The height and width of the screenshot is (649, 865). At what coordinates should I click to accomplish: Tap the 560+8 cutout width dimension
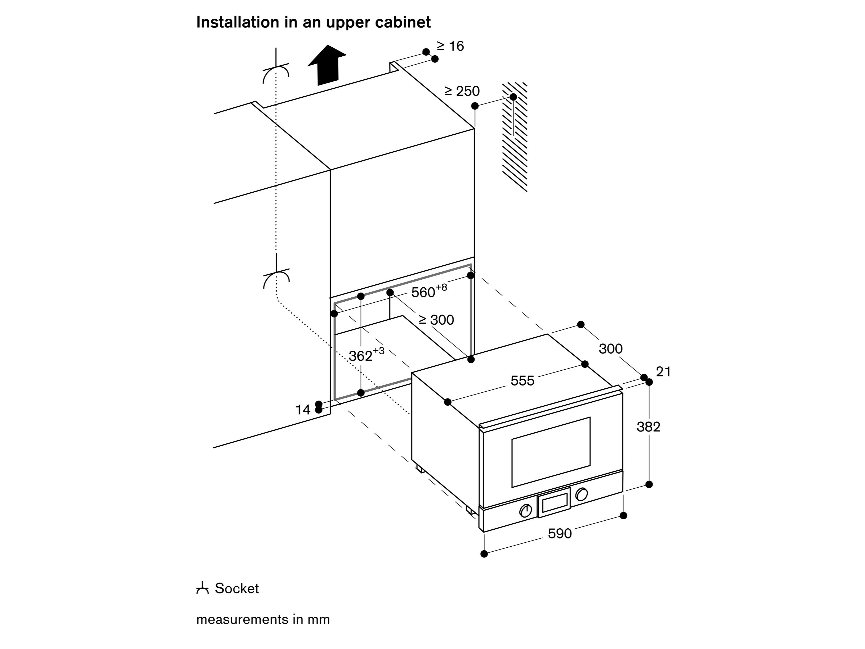point(429,291)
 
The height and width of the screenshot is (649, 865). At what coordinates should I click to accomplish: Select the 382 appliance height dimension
point(648,426)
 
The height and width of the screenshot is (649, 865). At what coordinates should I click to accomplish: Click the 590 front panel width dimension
point(560,534)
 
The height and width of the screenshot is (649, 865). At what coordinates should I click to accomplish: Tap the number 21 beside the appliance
point(663,372)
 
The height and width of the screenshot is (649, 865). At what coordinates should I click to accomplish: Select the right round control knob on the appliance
point(582,494)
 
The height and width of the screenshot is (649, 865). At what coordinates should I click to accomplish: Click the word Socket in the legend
point(237,588)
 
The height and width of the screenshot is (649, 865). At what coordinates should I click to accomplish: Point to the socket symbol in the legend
point(202,588)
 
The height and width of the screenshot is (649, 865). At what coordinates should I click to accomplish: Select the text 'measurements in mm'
point(263,620)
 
